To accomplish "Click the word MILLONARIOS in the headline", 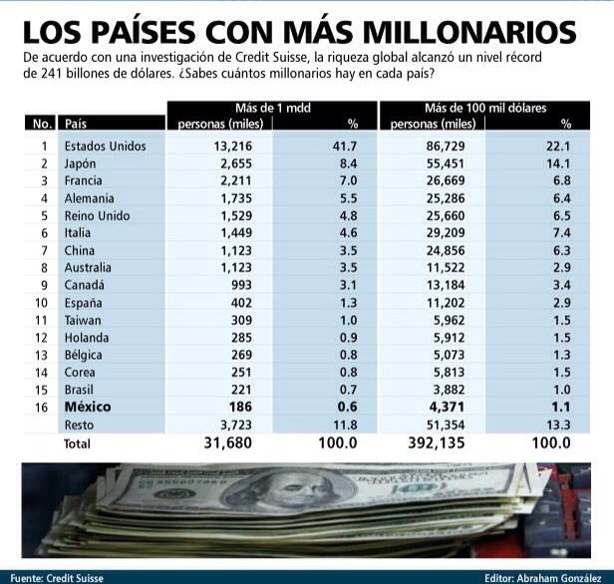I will (468, 30).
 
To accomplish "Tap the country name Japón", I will (79, 163).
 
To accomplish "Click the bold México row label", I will (89, 407).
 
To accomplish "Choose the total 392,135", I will (431, 442).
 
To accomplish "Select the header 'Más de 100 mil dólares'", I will (485, 107).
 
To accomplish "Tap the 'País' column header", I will (75, 125).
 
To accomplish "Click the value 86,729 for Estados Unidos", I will (438, 146).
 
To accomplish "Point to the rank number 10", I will (42, 303).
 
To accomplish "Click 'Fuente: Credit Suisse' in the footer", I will (54, 576).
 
